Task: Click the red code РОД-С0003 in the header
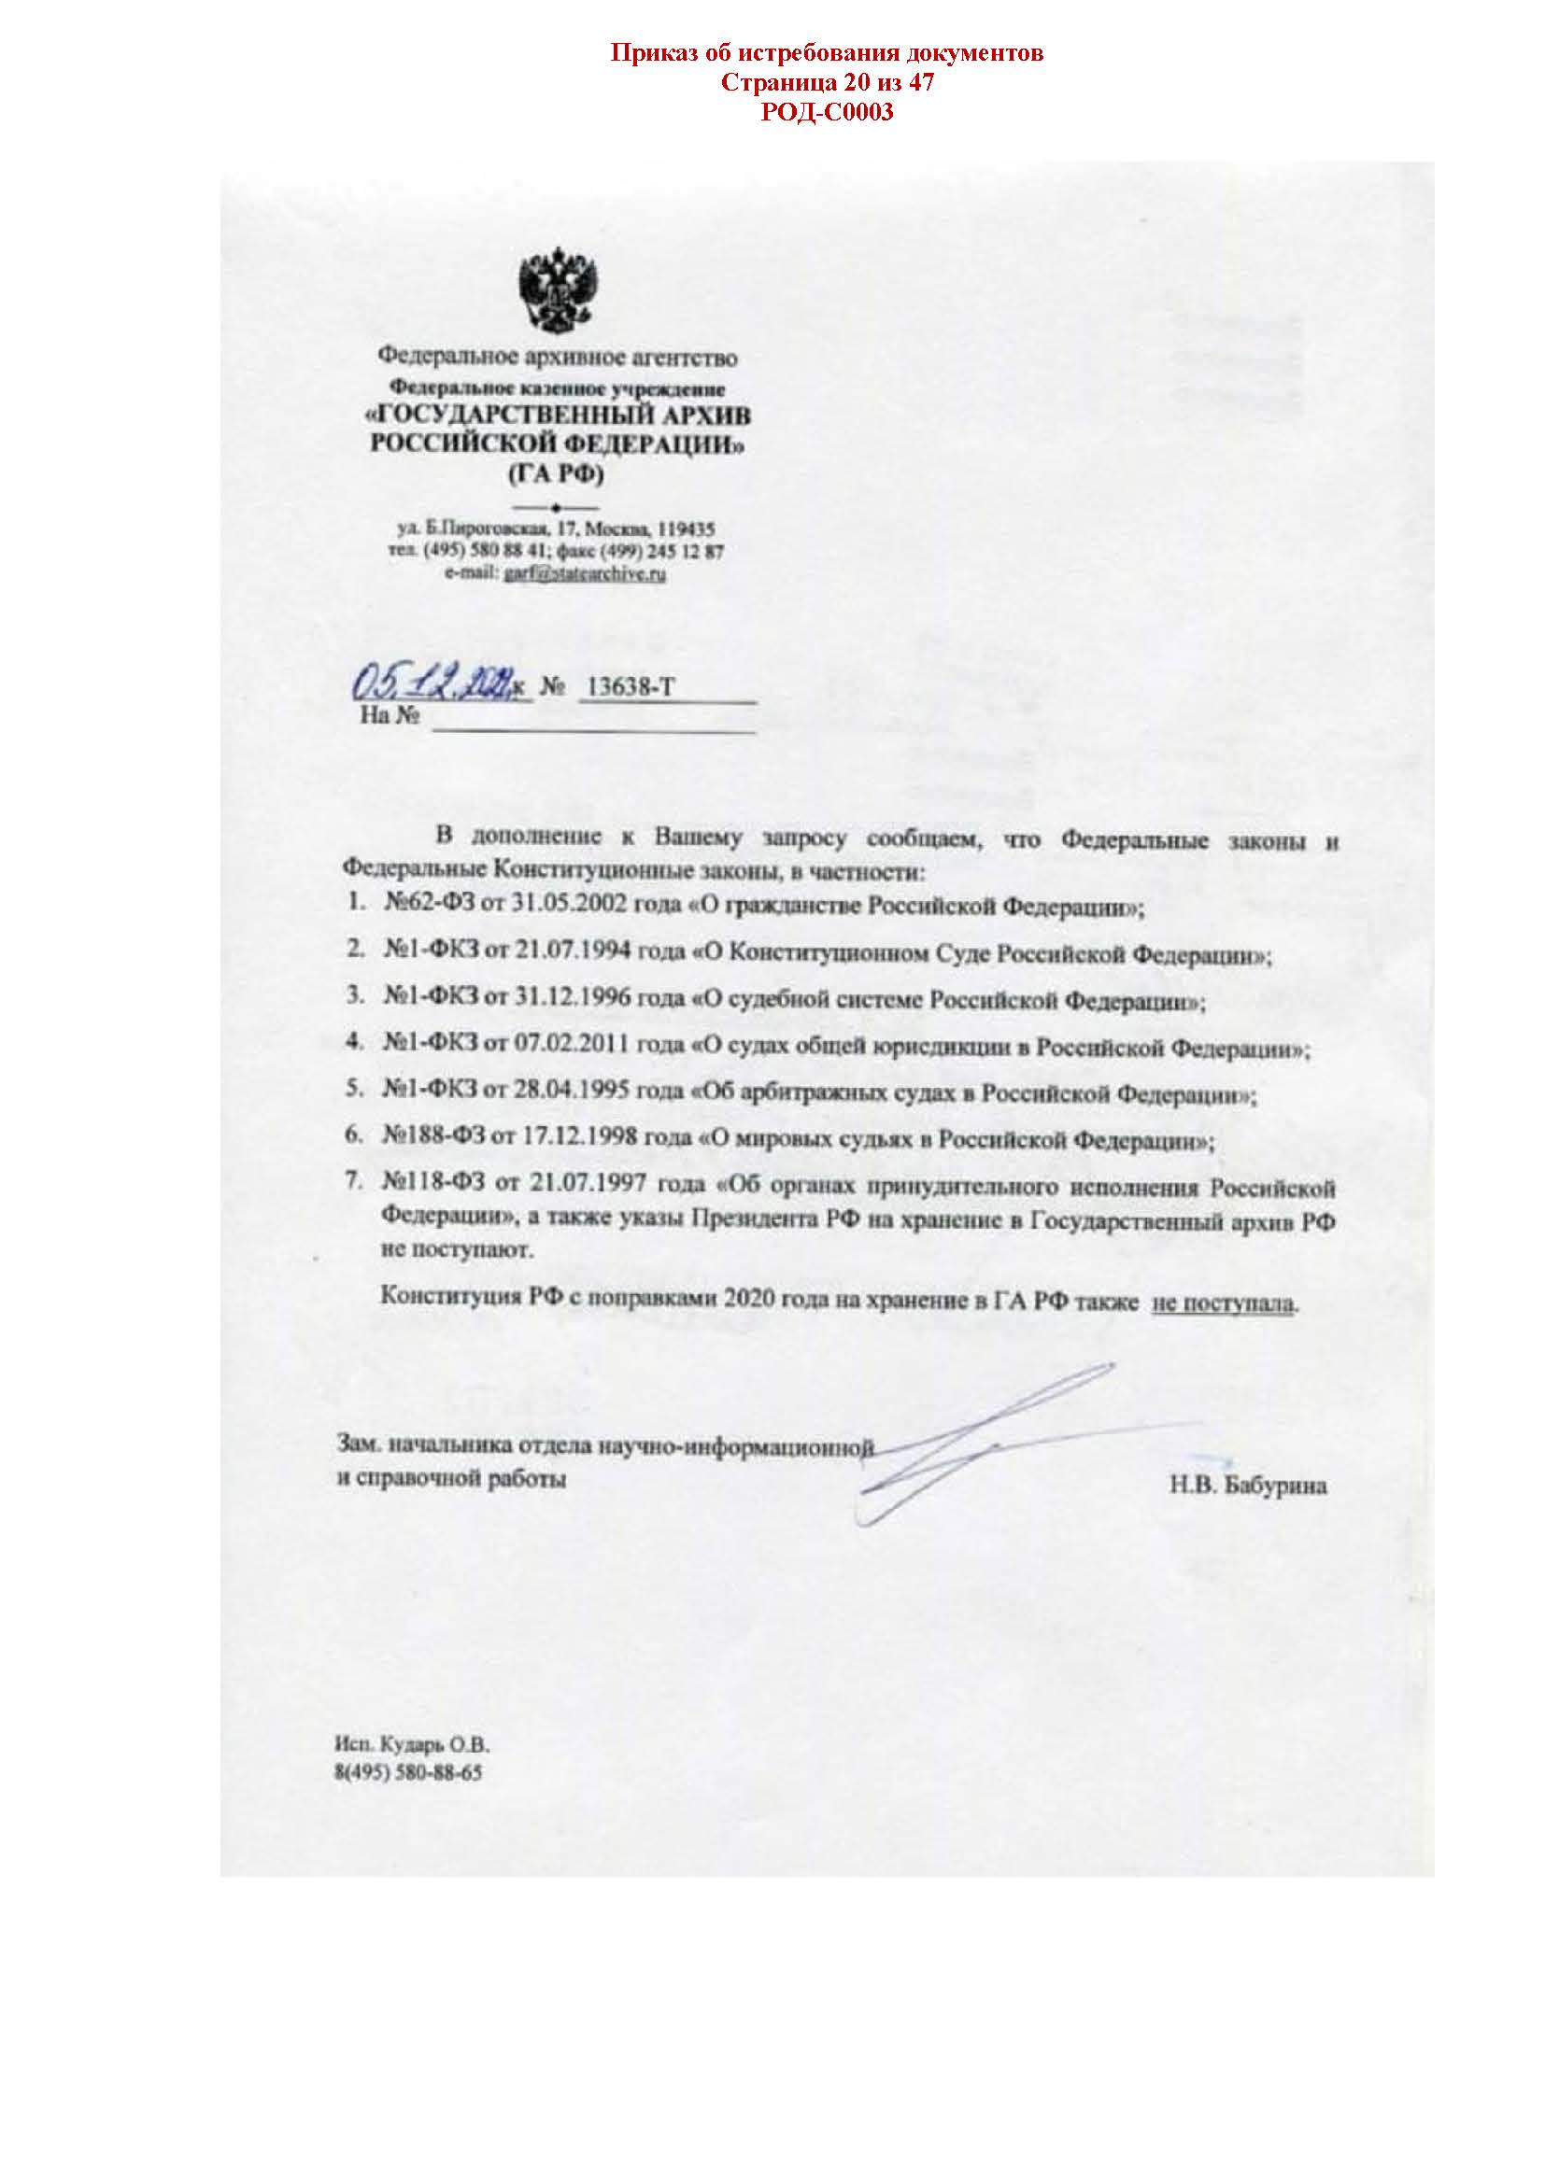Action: pyautogui.click(x=827, y=113)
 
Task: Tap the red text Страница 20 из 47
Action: pyautogui.click(x=827, y=83)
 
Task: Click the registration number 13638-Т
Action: pyautogui.click(x=631, y=687)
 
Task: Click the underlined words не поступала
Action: pyautogui.click(x=1224, y=1303)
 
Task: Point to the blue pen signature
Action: pyautogui.click(x=980, y=1441)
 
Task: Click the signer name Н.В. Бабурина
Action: pyautogui.click(x=1248, y=1486)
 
